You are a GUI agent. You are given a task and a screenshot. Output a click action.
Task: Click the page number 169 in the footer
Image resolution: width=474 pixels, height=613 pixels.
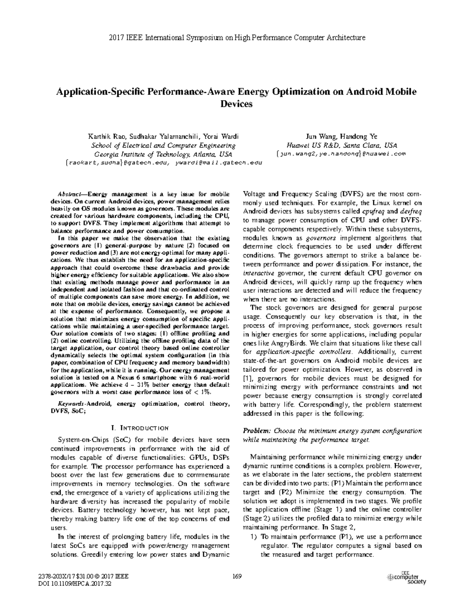(237, 576)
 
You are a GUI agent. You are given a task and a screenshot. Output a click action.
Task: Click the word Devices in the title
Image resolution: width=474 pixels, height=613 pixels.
(236, 104)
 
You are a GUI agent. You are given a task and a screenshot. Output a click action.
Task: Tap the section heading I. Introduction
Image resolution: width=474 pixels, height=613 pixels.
(141, 427)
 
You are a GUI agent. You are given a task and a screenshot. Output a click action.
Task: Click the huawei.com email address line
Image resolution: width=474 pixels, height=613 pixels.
(341, 154)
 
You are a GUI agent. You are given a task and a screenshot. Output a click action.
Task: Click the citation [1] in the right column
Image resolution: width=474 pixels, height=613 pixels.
(247, 378)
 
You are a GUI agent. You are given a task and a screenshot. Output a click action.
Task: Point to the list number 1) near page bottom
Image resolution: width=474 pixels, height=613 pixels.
(254, 537)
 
